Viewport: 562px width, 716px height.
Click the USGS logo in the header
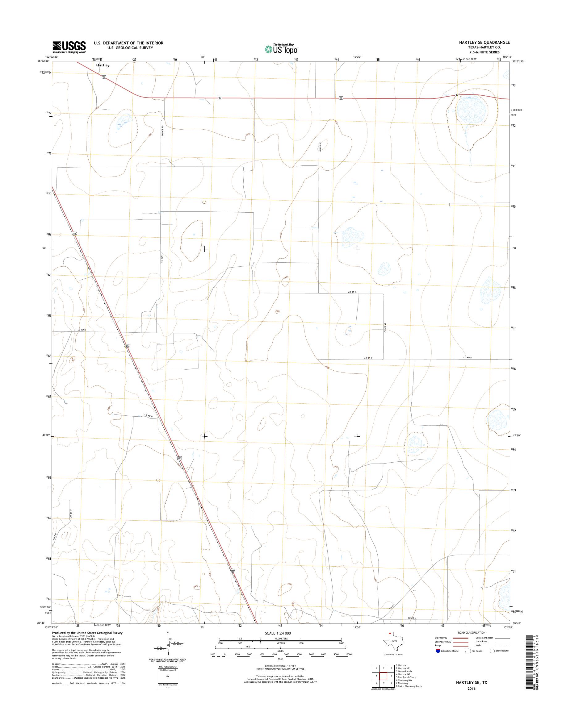pyautogui.click(x=69, y=47)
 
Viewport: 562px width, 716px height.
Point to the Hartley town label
pyautogui.click(x=103, y=65)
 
